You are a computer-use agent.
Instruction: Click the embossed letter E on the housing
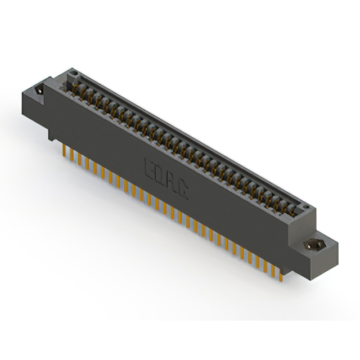[x=148, y=168]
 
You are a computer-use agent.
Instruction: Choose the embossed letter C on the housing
[x=184, y=193]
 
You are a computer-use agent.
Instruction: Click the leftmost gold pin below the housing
[x=64, y=150]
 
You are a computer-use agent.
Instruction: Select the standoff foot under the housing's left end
[x=52, y=133]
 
